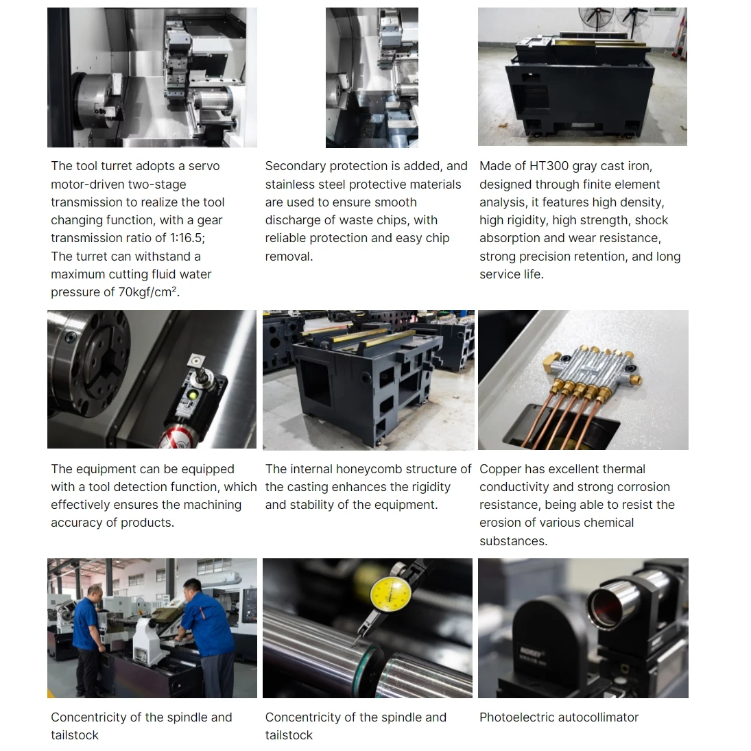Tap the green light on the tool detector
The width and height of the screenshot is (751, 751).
tap(193, 395)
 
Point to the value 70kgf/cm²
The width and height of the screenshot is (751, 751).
tap(148, 292)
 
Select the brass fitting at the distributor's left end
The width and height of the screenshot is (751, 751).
tap(553, 361)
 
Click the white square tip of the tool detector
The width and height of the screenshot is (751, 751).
tap(195, 360)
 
